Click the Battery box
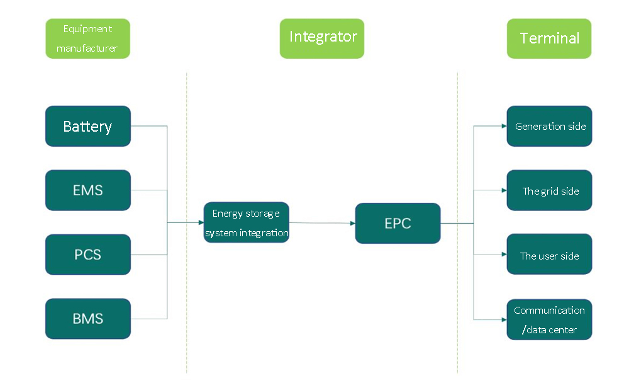point(88,126)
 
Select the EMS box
point(88,190)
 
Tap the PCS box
point(88,254)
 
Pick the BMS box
point(88,319)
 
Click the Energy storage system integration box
point(246,223)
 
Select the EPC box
point(398,223)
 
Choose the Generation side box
point(549,126)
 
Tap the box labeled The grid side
point(549,190)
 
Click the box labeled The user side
point(549,254)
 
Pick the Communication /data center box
point(549,319)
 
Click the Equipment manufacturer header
point(88,38)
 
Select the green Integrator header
point(322,38)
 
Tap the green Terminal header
point(549,38)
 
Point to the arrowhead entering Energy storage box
point(201,222)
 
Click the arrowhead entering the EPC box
point(352,223)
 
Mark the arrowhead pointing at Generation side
point(504,126)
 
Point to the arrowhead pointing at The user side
point(504,255)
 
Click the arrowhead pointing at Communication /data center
point(504,319)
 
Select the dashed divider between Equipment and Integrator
point(187,220)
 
